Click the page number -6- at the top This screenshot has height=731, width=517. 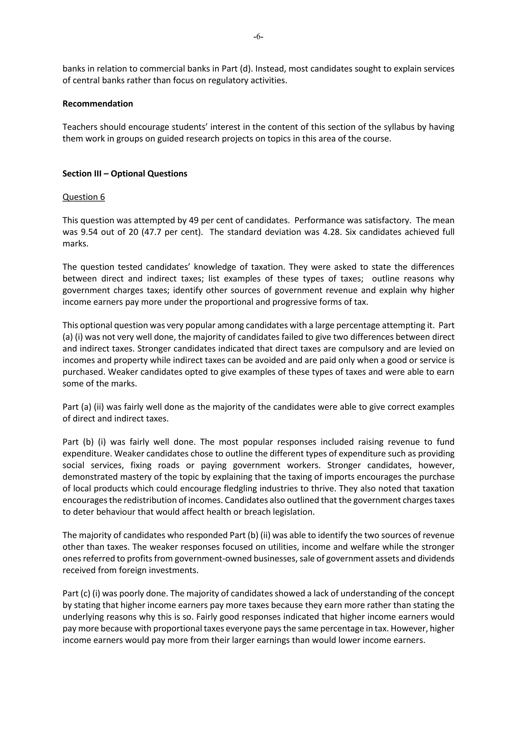pyautogui.click(x=258, y=37)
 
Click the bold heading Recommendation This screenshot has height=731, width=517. pyautogui.click(x=97, y=104)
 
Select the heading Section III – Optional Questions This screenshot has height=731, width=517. pyautogui.click(x=125, y=174)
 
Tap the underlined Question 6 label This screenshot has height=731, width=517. pyautogui.click(x=83, y=197)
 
